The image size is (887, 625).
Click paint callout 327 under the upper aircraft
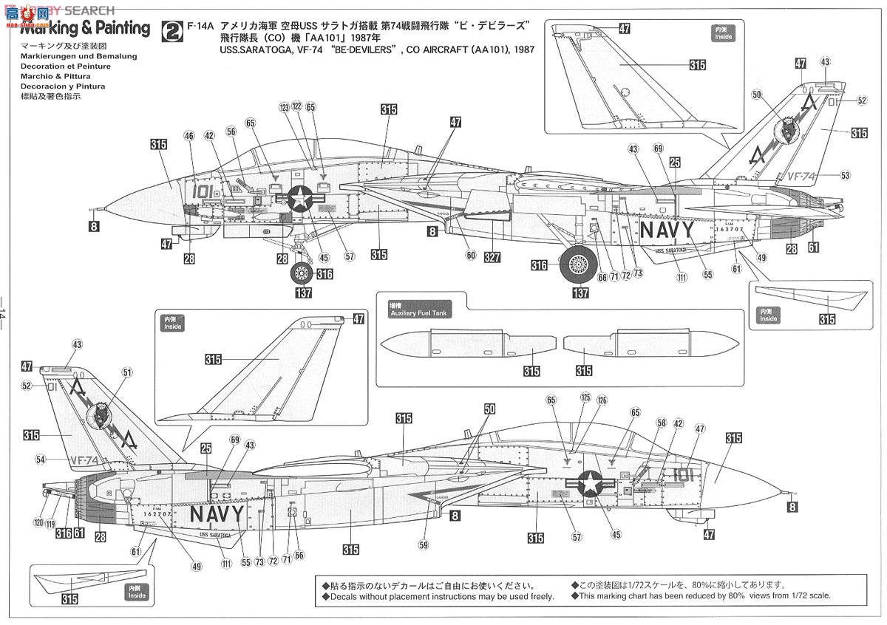click(x=493, y=258)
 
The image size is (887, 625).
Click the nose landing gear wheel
click(x=301, y=274)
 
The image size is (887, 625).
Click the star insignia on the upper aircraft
click(x=301, y=198)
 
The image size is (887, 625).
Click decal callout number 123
click(x=285, y=107)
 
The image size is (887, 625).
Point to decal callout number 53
click(x=845, y=175)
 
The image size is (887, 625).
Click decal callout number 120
click(x=38, y=522)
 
